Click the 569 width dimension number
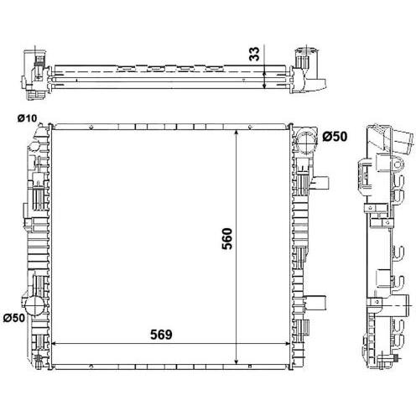click(x=161, y=335)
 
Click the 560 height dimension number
click(x=227, y=238)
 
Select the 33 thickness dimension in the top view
click(x=254, y=54)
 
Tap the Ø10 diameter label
click(x=27, y=118)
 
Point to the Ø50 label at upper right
click(x=335, y=137)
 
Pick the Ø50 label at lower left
click(x=14, y=318)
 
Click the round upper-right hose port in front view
click(x=306, y=143)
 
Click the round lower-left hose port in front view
click(x=34, y=306)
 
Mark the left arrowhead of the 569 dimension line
click(x=55, y=343)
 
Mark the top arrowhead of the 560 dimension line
click(x=237, y=133)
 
